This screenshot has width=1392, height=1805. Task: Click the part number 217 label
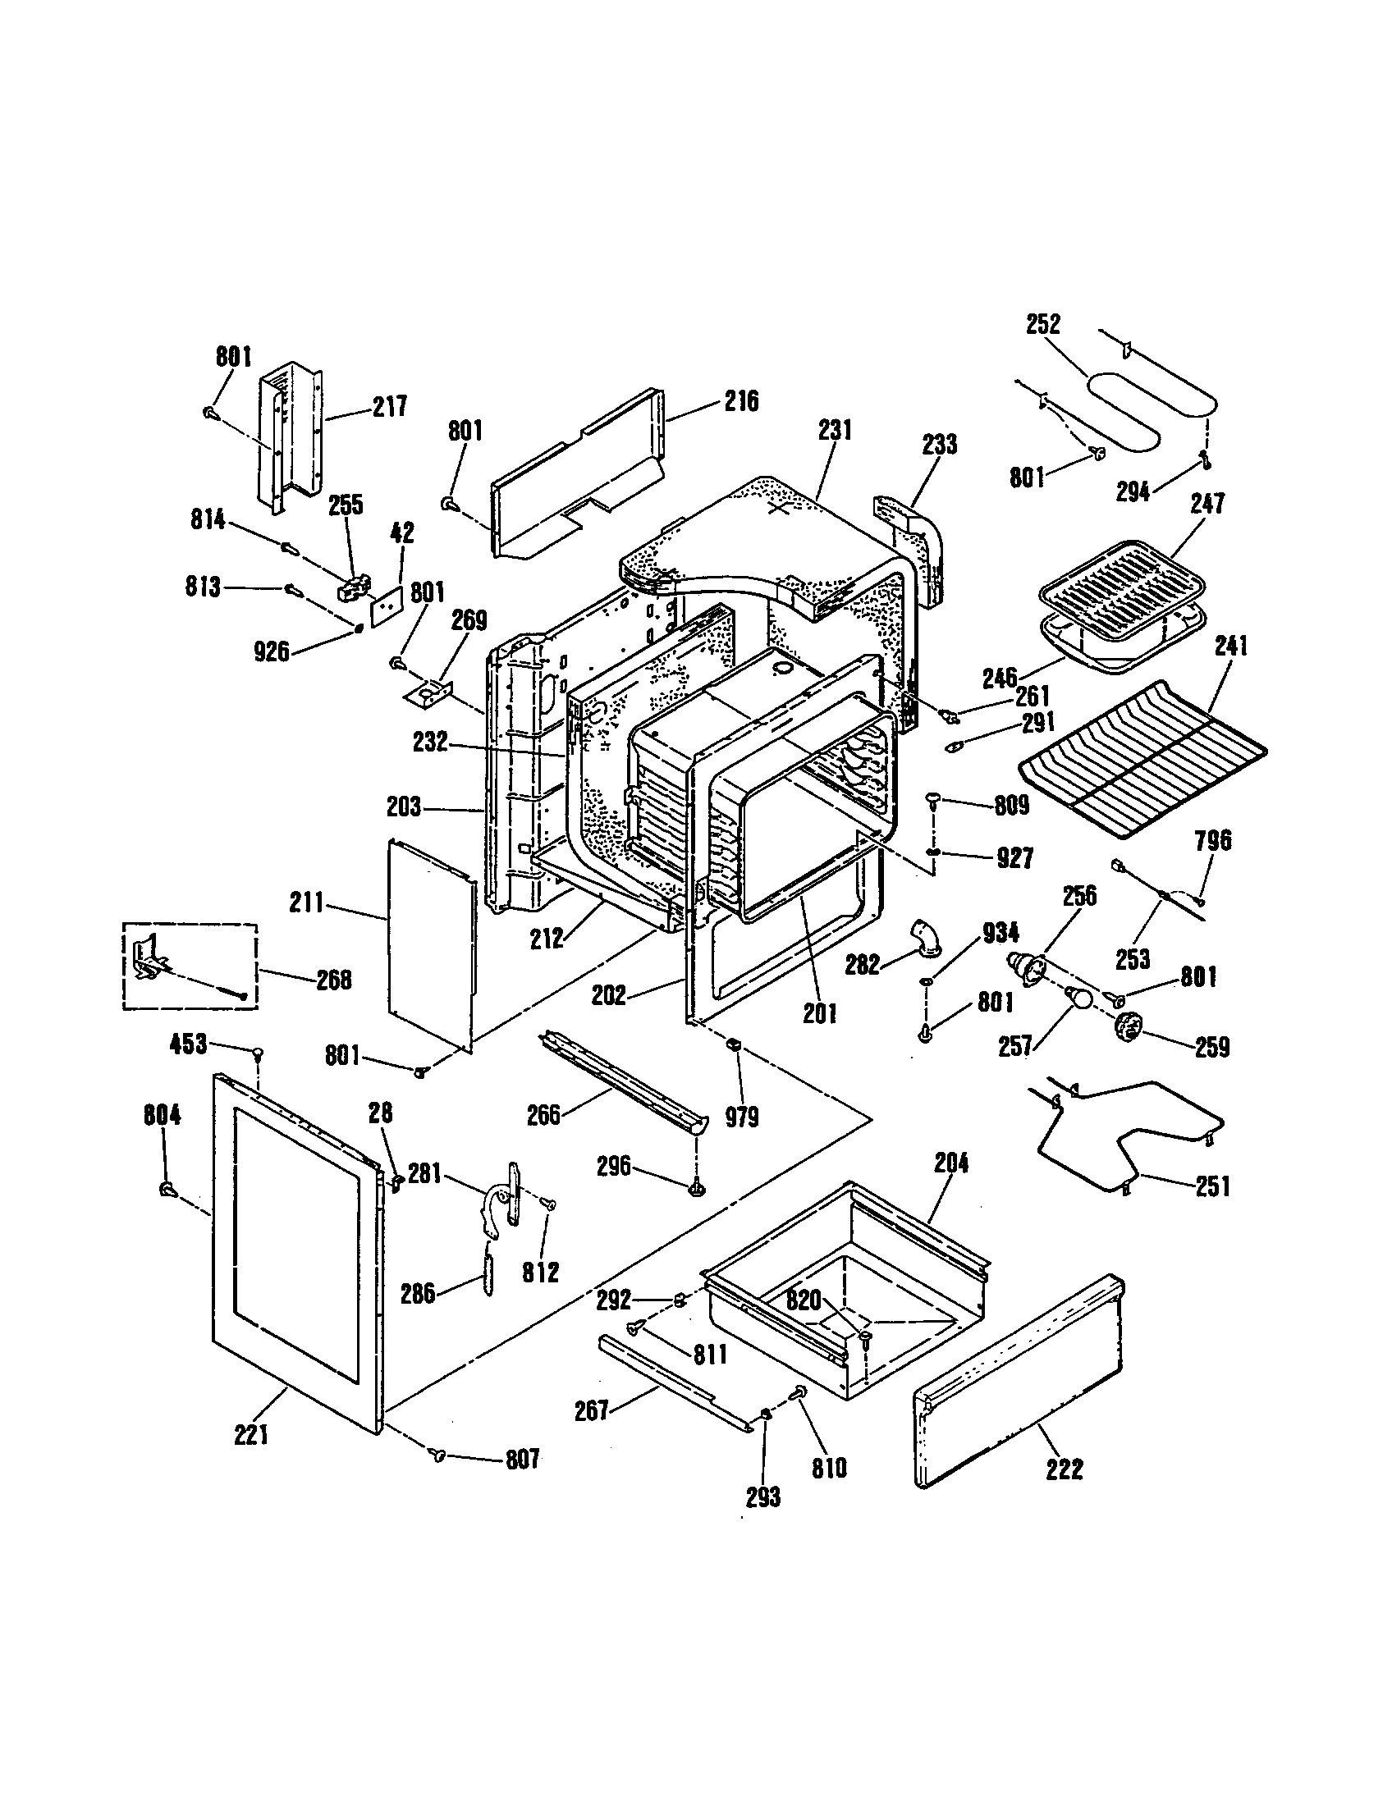pos(389,407)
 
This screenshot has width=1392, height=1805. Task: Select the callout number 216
pos(740,402)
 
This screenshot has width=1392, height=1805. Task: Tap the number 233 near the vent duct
pos(939,444)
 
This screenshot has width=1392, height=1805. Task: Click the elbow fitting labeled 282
pos(924,943)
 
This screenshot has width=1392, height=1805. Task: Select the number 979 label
pos(741,1117)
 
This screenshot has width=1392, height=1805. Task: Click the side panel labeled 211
pos(430,942)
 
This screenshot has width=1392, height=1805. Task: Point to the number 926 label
pos(271,651)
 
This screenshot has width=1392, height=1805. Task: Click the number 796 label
pos(1212,840)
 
